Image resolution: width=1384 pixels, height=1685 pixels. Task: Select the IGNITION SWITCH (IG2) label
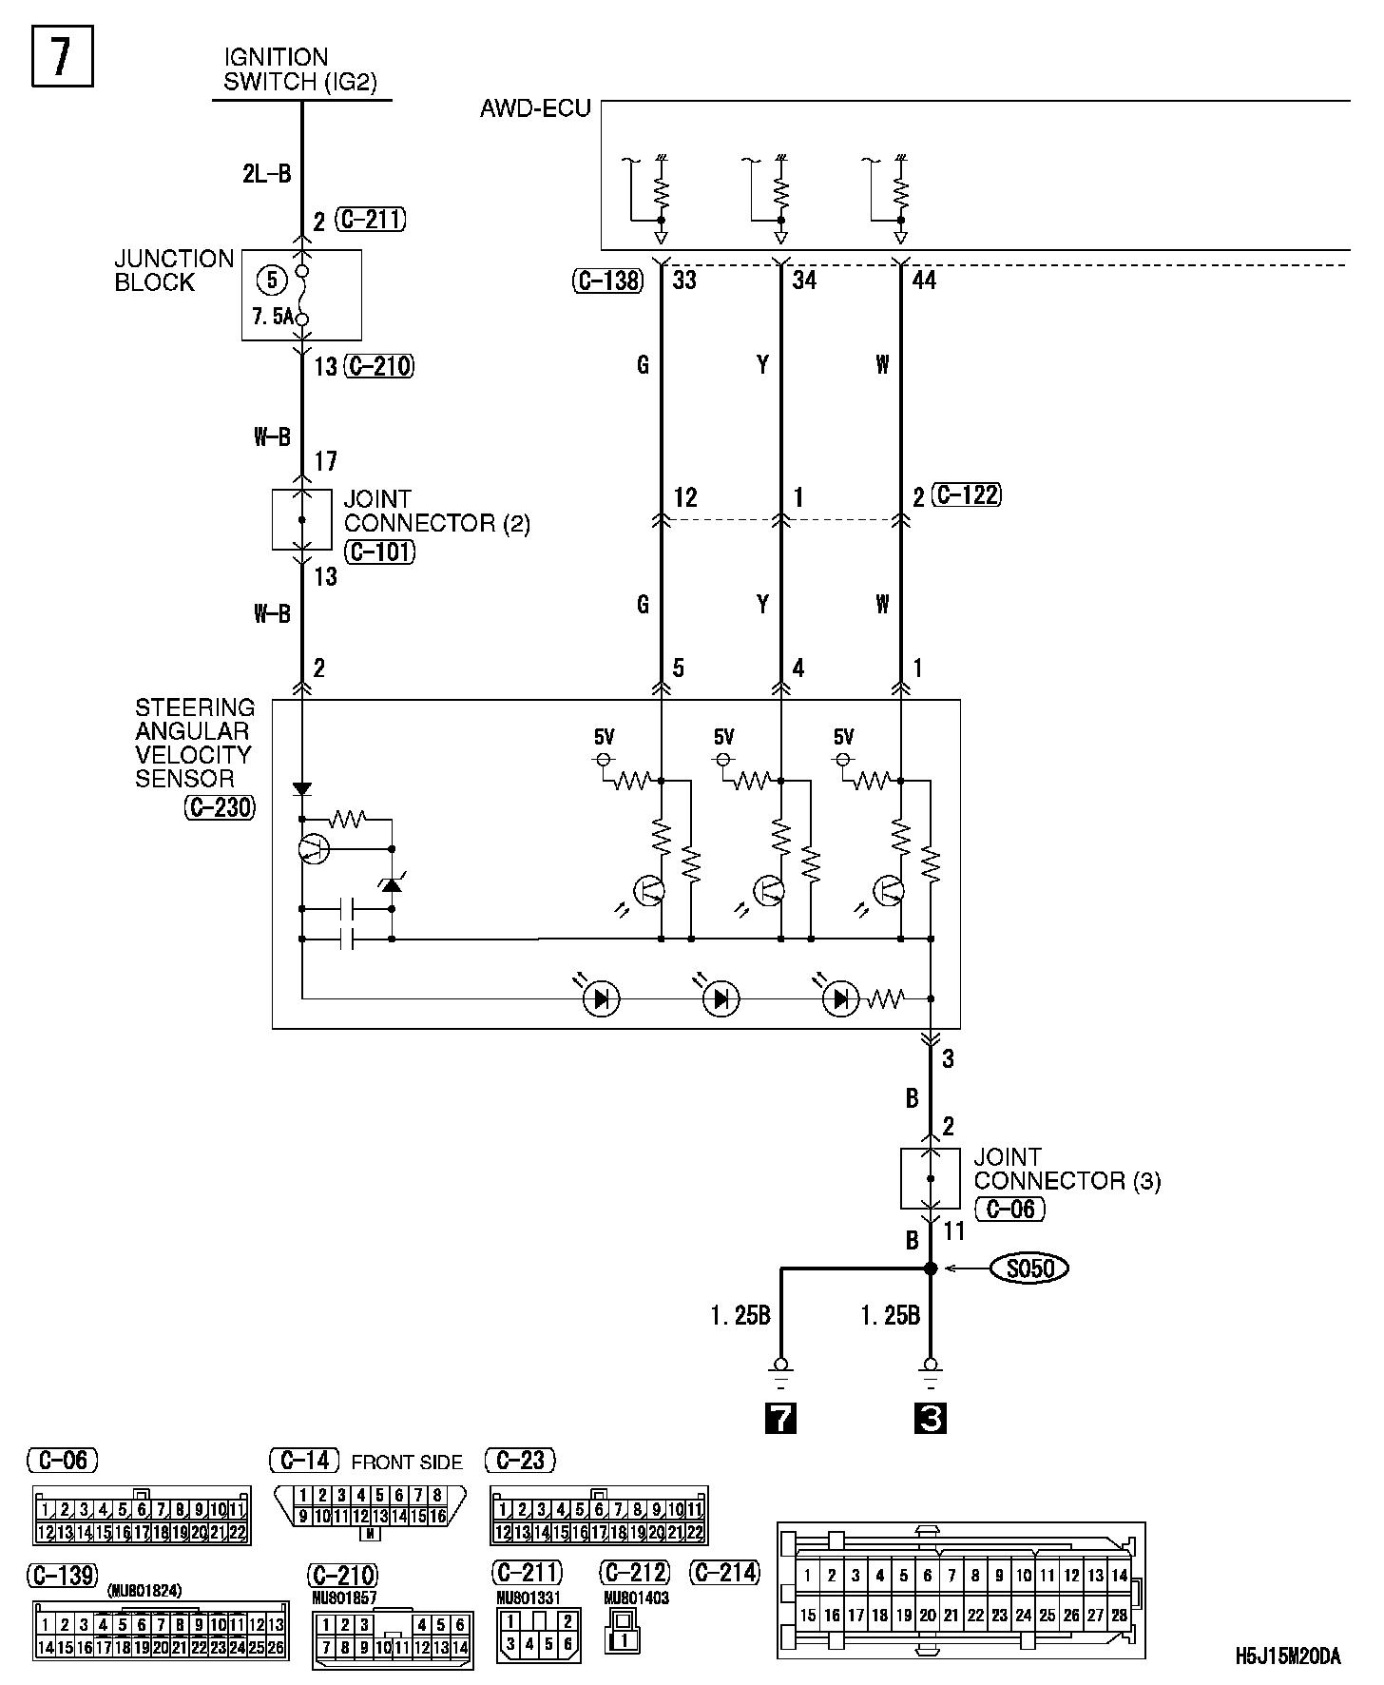pos(299,70)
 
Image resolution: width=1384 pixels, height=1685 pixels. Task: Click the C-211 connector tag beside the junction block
pos(371,221)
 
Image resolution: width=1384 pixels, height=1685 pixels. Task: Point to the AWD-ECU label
pos(535,108)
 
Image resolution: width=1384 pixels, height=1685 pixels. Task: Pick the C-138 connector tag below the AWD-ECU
pos(608,281)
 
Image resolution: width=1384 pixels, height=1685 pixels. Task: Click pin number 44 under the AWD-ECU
pos(924,281)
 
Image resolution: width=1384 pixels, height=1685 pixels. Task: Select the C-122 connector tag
pos(968,494)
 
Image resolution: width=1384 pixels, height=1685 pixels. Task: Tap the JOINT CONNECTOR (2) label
pos(436,512)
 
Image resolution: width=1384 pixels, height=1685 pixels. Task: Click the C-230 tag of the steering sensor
pos(220,807)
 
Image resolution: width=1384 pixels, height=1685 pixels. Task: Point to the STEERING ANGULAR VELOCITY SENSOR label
pos(195,743)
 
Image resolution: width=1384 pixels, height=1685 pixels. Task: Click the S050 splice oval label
pos(1029,1268)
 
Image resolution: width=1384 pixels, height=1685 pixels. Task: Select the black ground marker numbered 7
pos(780,1419)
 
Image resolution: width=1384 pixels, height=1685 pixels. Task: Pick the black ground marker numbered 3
pos(931,1419)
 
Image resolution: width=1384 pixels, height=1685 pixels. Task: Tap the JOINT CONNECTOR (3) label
pos(1067,1169)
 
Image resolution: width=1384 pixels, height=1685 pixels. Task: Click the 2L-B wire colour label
pos(266,173)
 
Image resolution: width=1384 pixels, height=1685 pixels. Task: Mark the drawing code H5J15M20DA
pos(1288,1656)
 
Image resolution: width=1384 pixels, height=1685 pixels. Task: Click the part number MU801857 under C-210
pos(345,1599)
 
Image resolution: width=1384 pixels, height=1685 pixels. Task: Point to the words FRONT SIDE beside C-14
pos(407,1462)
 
